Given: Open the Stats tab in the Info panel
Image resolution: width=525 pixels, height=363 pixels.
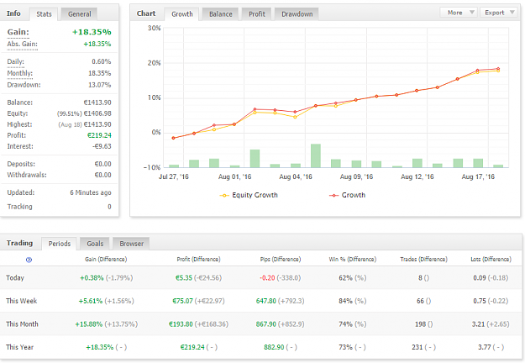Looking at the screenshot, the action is pos(44,14).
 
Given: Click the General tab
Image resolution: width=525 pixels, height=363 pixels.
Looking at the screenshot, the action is pos(79,14).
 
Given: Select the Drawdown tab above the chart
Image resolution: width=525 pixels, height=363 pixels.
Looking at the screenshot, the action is pos(297,14).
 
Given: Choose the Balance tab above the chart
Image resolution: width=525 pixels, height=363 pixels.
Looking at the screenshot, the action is pos(221,14).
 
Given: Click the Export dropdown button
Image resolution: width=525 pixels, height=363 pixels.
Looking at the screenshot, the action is pos(499,13).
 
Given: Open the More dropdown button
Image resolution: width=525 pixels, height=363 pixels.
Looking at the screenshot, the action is pos(461,13).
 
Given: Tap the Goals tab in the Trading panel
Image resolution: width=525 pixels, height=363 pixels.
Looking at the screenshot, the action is pos(95,244).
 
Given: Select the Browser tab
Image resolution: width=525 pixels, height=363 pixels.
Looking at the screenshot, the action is pos(131,244).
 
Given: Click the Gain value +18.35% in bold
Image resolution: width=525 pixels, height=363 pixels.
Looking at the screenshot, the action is pos(92,32).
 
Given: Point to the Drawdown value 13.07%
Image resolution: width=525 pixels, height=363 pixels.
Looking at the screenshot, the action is pos(99,85).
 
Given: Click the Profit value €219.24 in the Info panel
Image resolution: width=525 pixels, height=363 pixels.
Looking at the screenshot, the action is pos(99,135).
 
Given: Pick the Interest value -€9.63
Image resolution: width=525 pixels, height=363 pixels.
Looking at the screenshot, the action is pos(102,146).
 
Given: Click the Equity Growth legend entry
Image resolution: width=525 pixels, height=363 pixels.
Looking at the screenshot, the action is pos(249,195).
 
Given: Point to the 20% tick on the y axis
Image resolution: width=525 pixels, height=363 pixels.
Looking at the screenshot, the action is pos(154,63).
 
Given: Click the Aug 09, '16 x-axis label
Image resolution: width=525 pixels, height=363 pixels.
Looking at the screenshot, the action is pos(356,176).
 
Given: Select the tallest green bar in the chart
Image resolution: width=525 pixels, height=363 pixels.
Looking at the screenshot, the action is pos(316,155).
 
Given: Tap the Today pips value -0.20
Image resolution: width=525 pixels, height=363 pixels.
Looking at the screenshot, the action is pos(267,278).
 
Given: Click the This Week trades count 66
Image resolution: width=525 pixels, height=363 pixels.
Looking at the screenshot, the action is pos(420,301).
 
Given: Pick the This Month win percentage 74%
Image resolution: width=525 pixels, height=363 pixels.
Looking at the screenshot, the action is pos(345,324).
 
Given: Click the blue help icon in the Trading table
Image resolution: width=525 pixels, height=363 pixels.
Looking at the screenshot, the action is pos(29,260).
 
